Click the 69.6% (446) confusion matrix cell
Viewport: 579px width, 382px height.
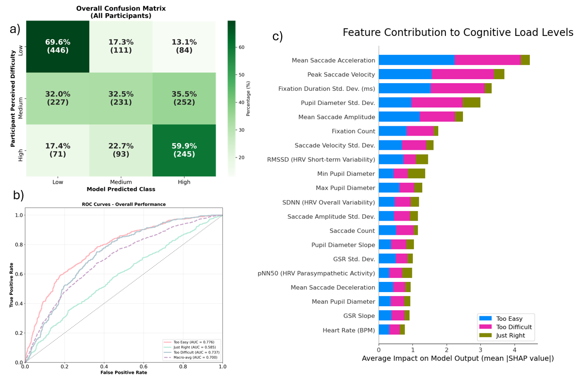click(57, 47)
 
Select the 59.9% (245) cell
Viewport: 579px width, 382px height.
click(184, 150)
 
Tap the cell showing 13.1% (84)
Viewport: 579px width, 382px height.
click(184, 47)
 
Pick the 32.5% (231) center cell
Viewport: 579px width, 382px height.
click(120, 99)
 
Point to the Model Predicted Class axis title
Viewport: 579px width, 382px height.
click(120, 189)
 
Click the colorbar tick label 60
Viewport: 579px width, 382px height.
click(241, 47)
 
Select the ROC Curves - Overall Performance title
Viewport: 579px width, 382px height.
click(124, 205)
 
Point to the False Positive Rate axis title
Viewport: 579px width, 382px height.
click(123, 373)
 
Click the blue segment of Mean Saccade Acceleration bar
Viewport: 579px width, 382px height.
click(416, 60)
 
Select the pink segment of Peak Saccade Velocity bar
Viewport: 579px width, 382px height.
click(462, 74)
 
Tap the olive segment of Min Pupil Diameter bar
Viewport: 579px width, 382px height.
click(416, 174)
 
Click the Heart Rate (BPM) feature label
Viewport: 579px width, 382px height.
click(349, 330)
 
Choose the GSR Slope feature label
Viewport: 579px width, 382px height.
click(359, 316)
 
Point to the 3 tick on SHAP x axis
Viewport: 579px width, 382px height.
click(480, 348)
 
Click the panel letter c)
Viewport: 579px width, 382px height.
click(277, 37)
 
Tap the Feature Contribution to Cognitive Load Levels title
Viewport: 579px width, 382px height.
click(458, 33)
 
